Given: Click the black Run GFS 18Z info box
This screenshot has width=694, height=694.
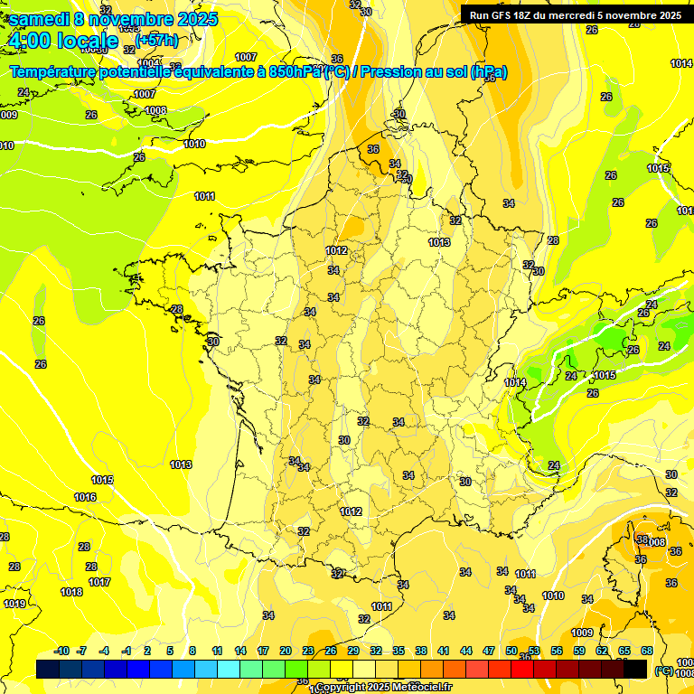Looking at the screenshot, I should tap(576, 14).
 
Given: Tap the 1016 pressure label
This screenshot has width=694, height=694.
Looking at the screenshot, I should tap(85, 498).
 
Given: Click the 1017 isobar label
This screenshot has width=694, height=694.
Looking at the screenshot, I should tap(99, 582).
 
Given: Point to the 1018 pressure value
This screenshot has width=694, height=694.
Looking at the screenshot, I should tap(71, 592).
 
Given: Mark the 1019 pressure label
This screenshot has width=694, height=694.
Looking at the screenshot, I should tap(14, 604).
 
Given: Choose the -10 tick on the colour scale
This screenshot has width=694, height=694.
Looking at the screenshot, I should tap(62, 651).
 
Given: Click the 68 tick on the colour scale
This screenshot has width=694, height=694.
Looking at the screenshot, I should tap(647, 651).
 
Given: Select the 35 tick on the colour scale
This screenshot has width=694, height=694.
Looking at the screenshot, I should tap(399, 651).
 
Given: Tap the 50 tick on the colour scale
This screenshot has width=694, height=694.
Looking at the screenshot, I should tap(511, 651).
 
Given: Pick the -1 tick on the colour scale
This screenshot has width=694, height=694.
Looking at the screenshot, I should tap(127, 651).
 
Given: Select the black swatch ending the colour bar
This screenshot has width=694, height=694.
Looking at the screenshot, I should tap(635, 669).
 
